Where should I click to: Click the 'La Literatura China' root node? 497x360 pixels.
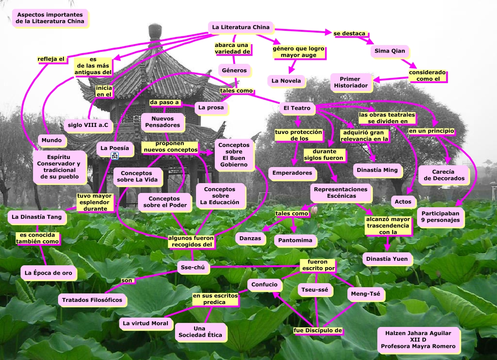click(241, 27)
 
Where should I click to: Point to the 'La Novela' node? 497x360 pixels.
click(287, 81)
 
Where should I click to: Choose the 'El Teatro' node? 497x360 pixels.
click(297, 108)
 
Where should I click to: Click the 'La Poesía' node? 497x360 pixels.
click(114, 148)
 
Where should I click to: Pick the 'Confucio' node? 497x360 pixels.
click(264, 285)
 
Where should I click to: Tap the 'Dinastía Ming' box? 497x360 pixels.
click(377, 170)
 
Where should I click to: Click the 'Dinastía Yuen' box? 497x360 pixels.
click(387, 259)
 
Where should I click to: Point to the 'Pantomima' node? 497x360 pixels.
click(295, 241)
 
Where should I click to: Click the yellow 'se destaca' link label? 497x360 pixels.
click(350, 33)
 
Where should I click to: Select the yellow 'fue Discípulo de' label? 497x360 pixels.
click(318, 331)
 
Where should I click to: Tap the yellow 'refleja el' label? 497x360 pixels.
click(51, 59)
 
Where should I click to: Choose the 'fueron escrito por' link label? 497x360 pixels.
click(317, 265)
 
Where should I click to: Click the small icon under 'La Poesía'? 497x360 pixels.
click(115, 156)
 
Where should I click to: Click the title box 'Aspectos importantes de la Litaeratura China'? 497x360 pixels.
click(50, 18)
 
